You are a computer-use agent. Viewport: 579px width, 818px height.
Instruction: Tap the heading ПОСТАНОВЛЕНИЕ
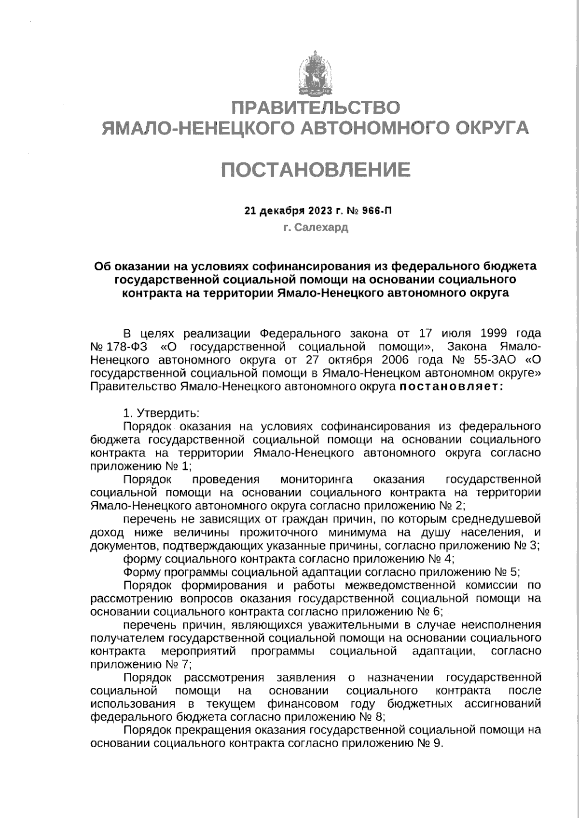(316, 169)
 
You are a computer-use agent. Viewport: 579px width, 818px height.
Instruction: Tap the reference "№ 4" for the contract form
(441, 559)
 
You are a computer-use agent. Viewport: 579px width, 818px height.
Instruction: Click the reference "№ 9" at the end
(431, 743)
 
